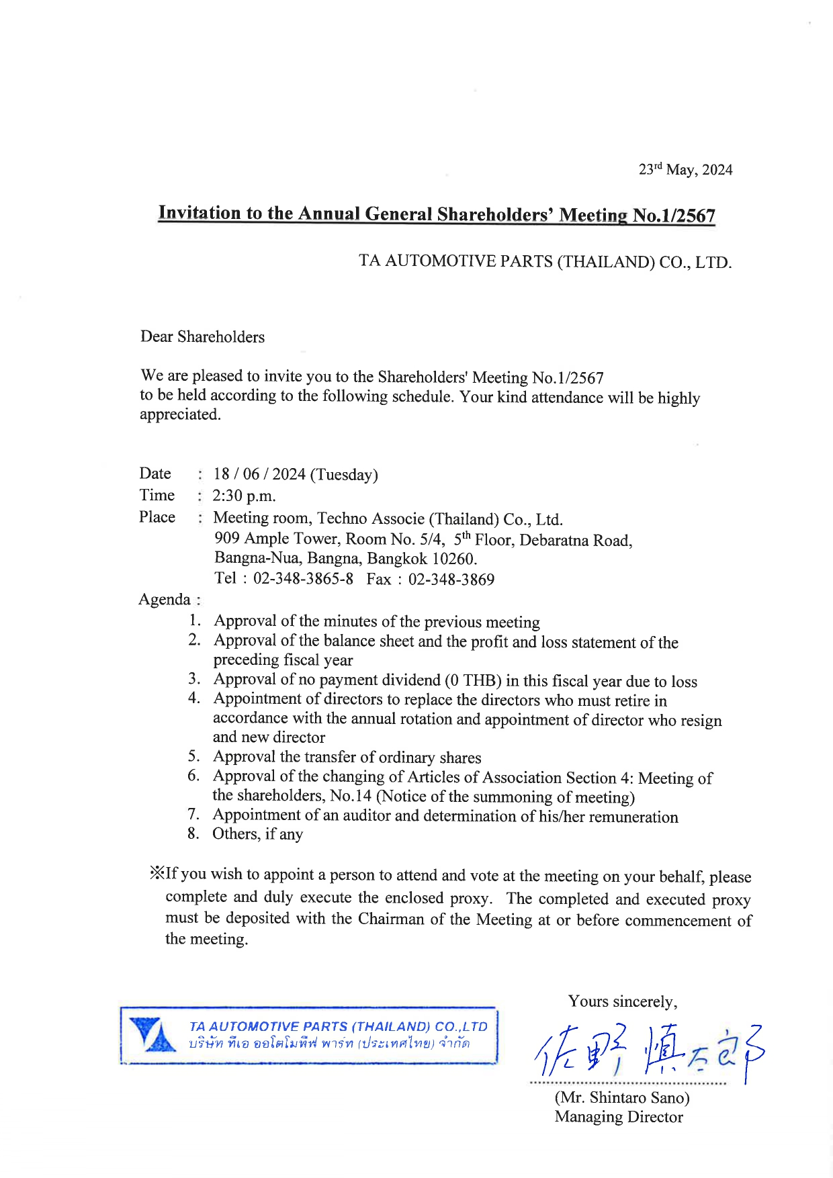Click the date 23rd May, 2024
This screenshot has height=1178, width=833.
tap(685, 170)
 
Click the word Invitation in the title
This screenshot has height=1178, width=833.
tap(199, 213)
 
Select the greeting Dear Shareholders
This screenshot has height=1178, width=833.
tap(202, 337)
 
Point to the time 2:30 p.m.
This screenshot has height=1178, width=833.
tap(244, 496)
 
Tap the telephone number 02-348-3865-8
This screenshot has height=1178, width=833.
tap(303, 578)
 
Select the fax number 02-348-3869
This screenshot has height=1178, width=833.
tap(451, 580)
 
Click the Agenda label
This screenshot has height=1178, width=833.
tap(165, 599)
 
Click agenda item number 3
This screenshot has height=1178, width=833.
tap(194, 679)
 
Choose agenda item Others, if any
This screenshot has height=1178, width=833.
tap(257, 834)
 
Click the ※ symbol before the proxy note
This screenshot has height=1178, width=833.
tap(157, 873)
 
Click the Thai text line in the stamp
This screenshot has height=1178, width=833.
tap(329, 1044)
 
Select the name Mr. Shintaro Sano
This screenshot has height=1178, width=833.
tap(622, 1097)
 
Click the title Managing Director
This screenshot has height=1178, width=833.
tap(619, 1117)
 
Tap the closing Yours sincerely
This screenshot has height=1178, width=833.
tap(622, 1001)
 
